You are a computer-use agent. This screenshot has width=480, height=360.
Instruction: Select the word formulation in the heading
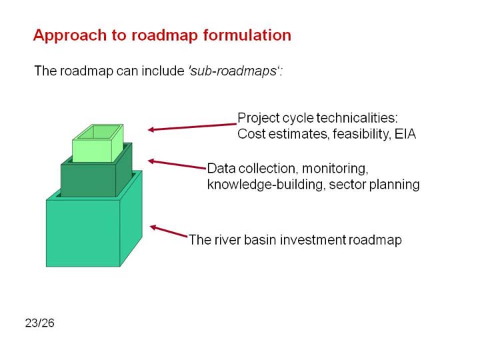point(247,35)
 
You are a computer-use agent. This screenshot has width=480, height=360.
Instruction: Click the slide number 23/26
point(40,323)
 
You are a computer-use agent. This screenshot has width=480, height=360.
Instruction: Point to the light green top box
point(97,143)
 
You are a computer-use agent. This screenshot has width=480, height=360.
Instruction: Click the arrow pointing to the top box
point(192,127)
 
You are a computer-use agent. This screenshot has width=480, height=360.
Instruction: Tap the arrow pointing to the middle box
point(177,164)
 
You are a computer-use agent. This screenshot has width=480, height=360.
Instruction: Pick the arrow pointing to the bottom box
point(169,231)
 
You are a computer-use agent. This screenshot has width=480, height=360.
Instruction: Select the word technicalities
point(357,118)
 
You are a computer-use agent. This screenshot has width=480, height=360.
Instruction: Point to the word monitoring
point(335,169)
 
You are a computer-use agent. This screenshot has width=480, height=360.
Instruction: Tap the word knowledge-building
point(265,185)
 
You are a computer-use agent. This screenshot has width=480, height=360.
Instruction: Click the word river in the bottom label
point(227,240)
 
